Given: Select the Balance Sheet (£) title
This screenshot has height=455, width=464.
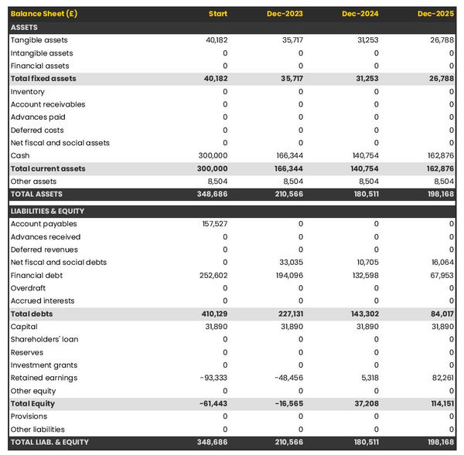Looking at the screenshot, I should click(x=44, y=14).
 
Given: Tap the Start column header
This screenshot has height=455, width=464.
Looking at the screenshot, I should click(x=218, y=14).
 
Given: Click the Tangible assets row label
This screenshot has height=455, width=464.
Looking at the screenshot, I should click(x=39, y=40).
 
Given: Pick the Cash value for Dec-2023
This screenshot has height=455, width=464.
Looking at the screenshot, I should click(x=288, y=155).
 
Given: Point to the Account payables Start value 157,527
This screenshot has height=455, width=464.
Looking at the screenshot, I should click(x=213, y=224).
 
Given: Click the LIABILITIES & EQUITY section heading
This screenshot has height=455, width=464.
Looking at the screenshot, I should click(x=47, y=211).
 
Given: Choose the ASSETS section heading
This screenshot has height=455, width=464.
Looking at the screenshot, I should click(x=25, y=27).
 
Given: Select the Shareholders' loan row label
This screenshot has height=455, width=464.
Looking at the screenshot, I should click(x=44, y=339).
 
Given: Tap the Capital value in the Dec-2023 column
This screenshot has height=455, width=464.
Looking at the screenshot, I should click(x=291, y=327).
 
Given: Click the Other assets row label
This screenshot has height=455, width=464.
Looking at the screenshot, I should click(x=33, y=182).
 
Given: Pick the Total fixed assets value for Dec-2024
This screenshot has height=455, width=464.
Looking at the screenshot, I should click(x=365, y=79).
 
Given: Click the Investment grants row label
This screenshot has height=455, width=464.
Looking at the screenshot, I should click(x=43, y=365).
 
